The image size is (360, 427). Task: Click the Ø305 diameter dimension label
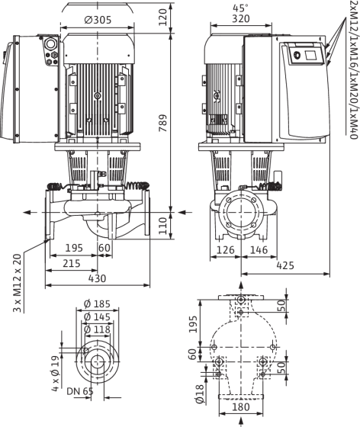click(98, 20)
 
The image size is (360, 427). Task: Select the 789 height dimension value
click(163, 123)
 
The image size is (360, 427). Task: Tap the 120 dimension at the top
click(162, 17)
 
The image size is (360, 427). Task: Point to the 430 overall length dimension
click(97, 278)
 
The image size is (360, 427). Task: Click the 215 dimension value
click(72, 264)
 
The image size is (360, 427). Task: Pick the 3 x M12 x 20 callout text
click(17, 283)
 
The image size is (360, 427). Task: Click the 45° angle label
click(240, 8)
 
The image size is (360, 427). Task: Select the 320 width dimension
click(241, 19)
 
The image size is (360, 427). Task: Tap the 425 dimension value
click(285, 265)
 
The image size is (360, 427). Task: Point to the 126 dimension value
click(226, 250)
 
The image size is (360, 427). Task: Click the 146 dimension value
click(259, 250)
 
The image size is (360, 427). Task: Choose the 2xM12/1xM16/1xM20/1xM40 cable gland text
click(354, 69)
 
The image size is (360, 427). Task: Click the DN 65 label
click(80, 391)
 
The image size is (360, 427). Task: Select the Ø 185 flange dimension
click(97, 303)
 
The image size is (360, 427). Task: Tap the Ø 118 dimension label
click(97, 329)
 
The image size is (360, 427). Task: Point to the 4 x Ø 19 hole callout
click(55, 374)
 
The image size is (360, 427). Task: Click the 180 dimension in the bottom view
click(241, 407)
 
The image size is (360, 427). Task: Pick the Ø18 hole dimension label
click(200, 393)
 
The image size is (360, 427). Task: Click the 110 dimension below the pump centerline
click(162, 226)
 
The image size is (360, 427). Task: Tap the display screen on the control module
click(310, 56)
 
